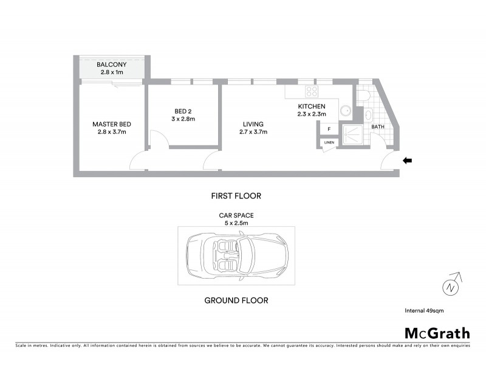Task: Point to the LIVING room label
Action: [253, 124]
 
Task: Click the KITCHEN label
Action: [312, 106]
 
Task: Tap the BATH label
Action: [378, 127]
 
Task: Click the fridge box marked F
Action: [329, 129]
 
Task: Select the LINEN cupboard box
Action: [329, 143]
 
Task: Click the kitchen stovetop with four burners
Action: [312, 92]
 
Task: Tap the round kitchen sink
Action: [344, 111]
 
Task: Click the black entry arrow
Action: [408, 161]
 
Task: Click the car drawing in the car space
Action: [236, 256]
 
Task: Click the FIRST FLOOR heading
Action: [236, 196]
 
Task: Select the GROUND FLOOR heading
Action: [236, 301]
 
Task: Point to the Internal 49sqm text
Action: [424, 311]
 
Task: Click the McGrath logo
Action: [437, 333]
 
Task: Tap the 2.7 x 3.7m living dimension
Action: [253, 132]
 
